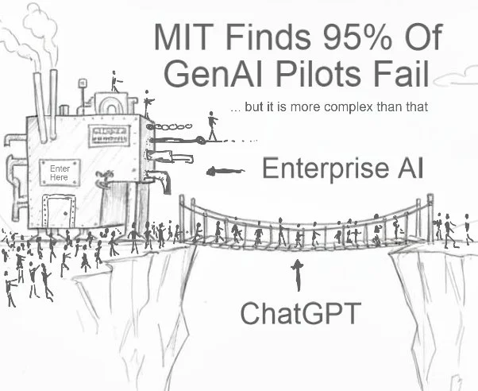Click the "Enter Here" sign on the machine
click(60, 174)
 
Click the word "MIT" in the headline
click(184, 37)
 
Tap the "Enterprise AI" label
click(342, 168)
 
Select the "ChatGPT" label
click(297, 312)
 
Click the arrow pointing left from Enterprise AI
click(226, 170)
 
